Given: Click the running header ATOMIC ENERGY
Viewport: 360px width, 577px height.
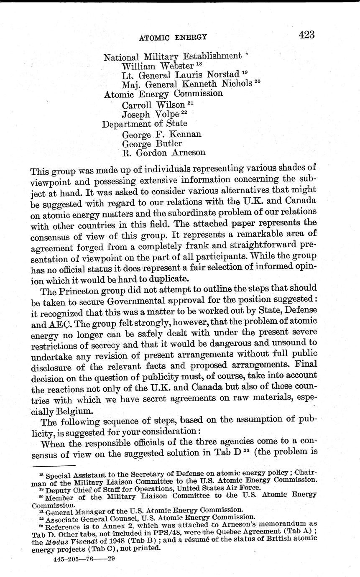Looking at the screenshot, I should point(173,37).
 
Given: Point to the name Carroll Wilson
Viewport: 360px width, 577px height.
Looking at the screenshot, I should point(153,105).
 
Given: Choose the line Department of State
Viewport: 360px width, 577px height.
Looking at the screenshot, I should point(145,124).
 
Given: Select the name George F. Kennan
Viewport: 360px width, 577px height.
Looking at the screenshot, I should point(161,134).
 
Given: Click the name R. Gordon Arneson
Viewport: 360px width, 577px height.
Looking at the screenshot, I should point(163,153).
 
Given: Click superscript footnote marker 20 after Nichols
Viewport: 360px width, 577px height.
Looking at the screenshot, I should point(257,82).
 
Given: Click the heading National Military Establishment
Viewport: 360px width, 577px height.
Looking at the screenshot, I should point(172,56).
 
